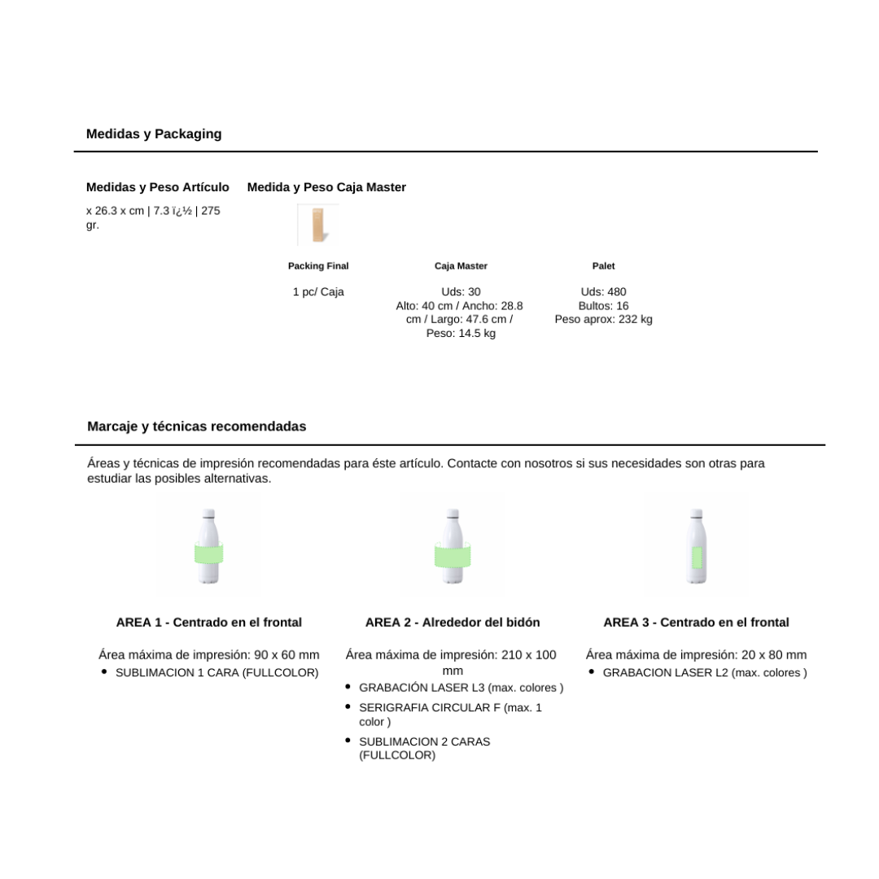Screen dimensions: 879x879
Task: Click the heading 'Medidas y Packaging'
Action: click(x=154, y=133)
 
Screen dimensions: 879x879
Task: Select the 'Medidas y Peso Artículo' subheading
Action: click(x=158, y=187)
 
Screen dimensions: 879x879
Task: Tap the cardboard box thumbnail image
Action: click(x=317, y=225)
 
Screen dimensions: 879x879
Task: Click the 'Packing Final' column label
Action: click(x=318, y=266)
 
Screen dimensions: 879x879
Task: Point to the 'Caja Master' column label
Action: click(x=461, y=266)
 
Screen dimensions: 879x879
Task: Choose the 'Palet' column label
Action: click(x=603, y=266)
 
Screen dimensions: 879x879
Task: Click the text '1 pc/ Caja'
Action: click(x=318, y=292)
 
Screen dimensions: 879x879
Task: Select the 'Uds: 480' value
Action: click(x=603, y=292)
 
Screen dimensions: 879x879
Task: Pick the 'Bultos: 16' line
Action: click(x=603, y=306)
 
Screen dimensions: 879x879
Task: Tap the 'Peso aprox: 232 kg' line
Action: click(x=603, y=320)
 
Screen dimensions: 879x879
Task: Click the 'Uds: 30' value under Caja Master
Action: click(x=461, y=292)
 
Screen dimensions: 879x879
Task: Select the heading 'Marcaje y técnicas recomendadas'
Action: click(x=197, y=426)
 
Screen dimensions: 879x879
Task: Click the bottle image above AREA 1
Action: click(x=208, y=545)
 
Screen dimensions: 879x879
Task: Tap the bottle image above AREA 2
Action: click(x=453, y=545)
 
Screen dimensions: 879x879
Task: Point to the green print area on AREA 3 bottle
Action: click(x=697, y=557)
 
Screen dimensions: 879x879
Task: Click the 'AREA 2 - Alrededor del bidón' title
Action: click(x=453, y=623)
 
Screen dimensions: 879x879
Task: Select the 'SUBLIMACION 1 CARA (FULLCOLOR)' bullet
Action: click(x=216, y=673)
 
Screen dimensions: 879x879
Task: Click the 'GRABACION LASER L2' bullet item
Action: click(x=705, y=673)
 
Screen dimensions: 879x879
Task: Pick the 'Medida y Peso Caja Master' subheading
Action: click(x=326, y=187)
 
